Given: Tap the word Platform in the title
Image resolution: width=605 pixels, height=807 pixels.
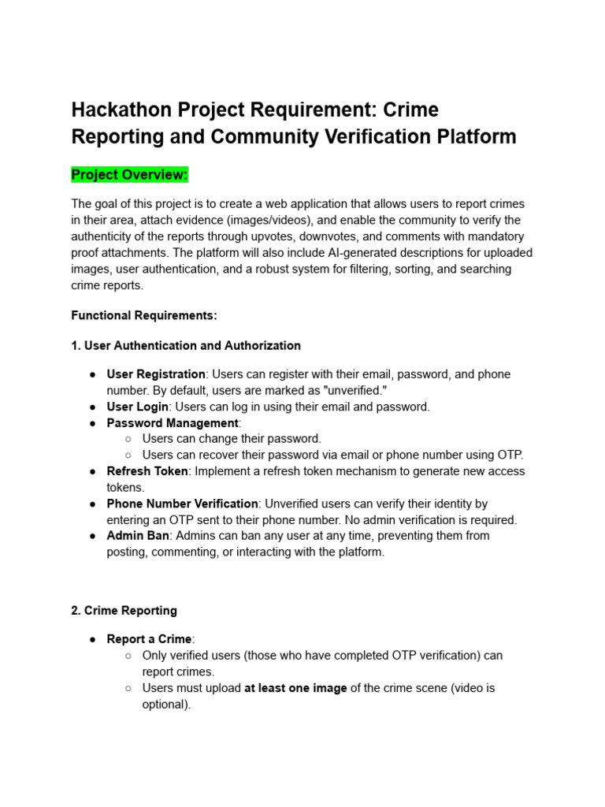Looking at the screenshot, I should tap(477, 136).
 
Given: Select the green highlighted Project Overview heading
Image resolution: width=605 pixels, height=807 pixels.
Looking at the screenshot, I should tap(130, 174).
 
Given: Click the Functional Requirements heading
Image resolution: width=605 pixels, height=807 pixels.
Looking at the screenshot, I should tap(144, 315).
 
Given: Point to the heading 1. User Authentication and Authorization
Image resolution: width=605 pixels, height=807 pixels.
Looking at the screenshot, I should tap(186, 345).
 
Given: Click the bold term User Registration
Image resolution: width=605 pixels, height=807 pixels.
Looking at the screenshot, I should tap(156, 374).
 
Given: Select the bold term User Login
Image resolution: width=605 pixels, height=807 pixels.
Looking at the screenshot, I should tap(138, 407).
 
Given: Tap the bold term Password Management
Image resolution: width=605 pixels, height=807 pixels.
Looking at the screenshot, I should tap(173, 423).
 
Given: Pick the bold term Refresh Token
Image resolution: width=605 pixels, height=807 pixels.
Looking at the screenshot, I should tap(147, 471).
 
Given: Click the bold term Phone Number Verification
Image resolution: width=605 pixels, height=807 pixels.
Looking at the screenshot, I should tap(182, 504).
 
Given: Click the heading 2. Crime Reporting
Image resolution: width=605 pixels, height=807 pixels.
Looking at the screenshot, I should tap(124, 610).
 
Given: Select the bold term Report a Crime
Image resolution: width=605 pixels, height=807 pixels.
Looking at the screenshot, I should tap(149, 639).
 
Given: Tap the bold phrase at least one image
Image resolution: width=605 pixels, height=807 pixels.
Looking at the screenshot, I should tap(295, 688).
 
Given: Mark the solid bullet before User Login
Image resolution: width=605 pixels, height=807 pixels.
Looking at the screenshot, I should tap(93, 407).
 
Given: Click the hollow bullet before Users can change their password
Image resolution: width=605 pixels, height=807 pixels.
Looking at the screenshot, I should tap(128, 439).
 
